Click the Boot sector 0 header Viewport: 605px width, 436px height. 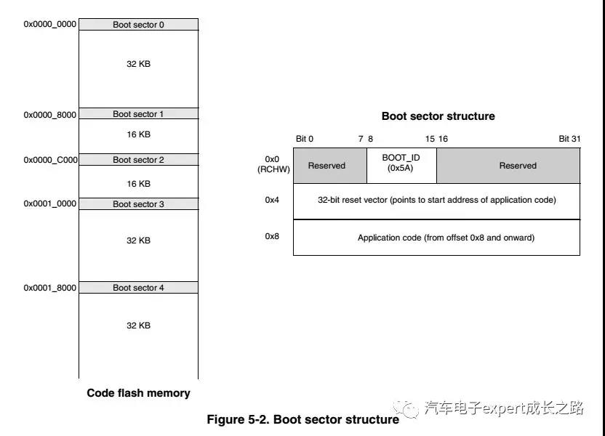click(x=138, y=25)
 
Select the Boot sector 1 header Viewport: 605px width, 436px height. click(x=138, y=114)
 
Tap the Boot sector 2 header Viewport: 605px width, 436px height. click(x=138, y=160)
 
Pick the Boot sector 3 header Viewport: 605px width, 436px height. click(x=138, y=204)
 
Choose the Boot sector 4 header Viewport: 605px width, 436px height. click(x=138, y=288)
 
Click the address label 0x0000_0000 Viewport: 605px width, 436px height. click(x=50, y=25)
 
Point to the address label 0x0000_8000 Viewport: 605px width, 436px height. click(x=50, y=115)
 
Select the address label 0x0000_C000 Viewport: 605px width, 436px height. click(x=50, y=160)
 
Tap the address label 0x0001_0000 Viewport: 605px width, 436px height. click(x=50, y=204)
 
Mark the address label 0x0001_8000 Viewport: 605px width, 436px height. click(x=50, y=288)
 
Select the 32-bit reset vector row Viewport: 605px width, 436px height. click(x=436, y=201)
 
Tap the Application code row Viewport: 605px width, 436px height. click(x=436, y=238)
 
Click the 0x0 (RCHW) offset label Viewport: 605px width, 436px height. click(x=273, y=164)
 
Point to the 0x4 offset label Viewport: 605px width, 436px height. click(x=272, y=200)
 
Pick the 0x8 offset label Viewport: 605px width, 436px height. click(x=272, y=237)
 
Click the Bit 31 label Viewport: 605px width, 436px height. click(x=569, y=139)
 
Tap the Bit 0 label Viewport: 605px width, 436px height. click(x=305, y=139)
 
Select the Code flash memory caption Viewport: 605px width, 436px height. click(x=138, y=393)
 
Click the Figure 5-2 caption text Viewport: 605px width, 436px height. click(x=302, y=419)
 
